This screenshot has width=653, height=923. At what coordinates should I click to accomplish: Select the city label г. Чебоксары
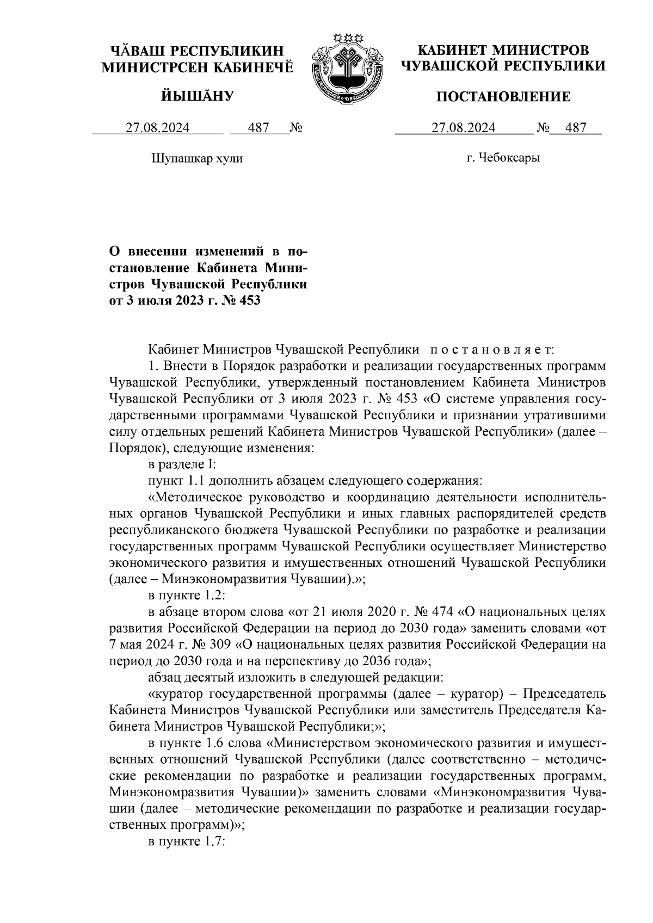click(x=503, y=158)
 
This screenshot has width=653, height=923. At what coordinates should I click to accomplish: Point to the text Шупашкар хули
click(x=196, y=158)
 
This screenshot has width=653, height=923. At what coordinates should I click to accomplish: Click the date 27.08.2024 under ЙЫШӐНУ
click(x=158, y=128)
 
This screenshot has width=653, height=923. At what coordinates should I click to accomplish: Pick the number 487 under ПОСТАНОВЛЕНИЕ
click(x=576, y=128)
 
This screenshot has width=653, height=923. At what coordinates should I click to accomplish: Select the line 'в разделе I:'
click(x=183, y=464)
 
